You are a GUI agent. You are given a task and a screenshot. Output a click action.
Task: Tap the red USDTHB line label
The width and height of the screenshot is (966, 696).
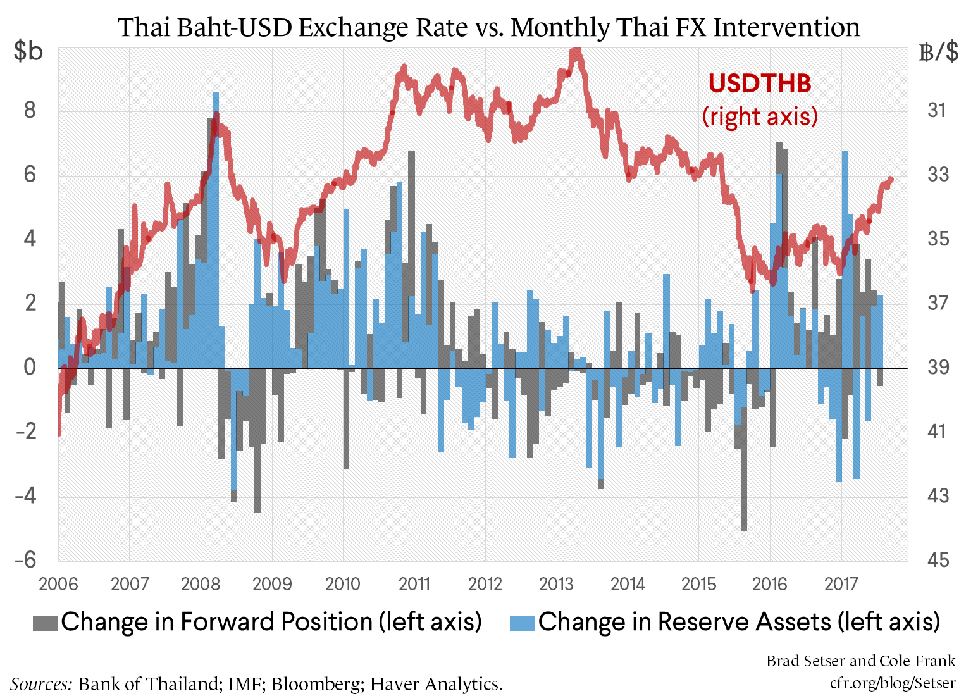(x=759, y=84)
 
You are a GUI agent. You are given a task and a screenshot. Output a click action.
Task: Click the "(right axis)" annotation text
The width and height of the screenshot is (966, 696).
(x=760, y=116)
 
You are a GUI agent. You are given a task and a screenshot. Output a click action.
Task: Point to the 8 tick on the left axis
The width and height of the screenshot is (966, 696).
(x=30, y=111)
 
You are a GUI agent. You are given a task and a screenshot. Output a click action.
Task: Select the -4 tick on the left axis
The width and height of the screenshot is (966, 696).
(x=26, y=495)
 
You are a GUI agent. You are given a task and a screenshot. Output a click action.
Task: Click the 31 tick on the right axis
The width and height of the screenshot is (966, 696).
(x=938, y=111)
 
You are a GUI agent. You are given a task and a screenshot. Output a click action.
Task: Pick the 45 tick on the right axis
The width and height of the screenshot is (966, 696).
(x=938, y=560)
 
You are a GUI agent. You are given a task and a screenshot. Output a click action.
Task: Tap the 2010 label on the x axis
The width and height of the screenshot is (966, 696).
(x=342, y=583)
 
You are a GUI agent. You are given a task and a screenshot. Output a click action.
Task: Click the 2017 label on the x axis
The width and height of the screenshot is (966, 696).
(x=841, y=583)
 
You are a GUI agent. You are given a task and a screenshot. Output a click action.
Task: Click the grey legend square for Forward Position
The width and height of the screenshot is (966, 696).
(x=45, y=623)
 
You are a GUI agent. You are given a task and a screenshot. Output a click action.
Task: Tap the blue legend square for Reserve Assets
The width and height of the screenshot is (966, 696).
(x=523, y=623)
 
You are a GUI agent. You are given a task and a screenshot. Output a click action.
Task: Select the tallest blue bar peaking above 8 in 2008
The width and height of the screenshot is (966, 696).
(x=216, y=190)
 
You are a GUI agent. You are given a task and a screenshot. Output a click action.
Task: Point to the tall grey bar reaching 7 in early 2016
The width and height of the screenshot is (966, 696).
(x=780, y=190)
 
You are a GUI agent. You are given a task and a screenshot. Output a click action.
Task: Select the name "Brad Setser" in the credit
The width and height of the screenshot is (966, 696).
(x=806, y=661)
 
